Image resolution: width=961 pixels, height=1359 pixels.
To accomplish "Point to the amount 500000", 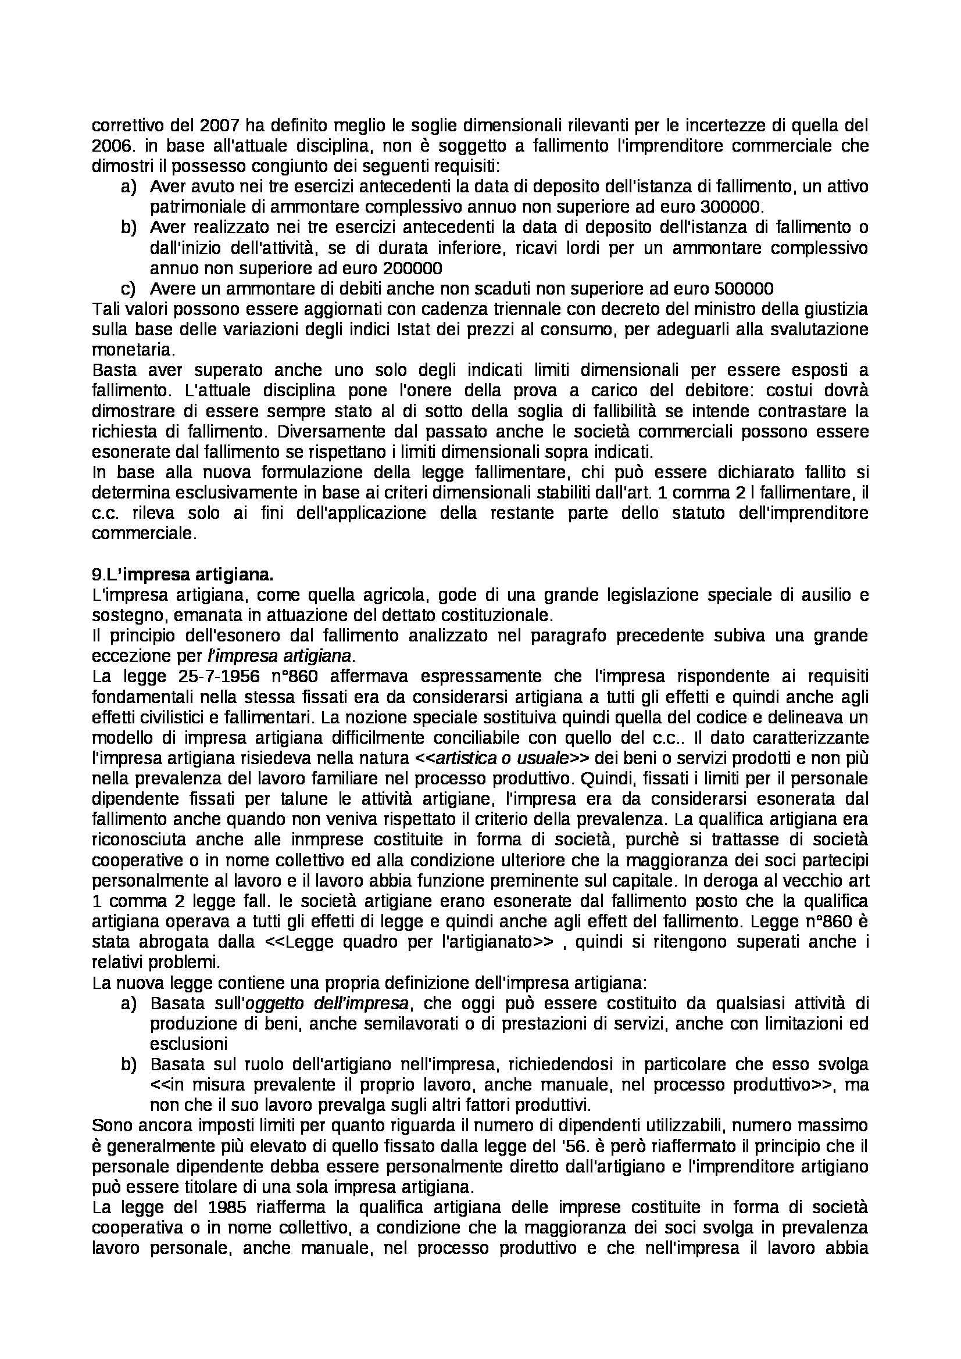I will click(744, 289).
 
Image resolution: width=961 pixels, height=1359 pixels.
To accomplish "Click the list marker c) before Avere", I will click(128, 289).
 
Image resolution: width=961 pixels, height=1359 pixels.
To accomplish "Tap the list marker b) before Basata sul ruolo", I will click(128, 1064).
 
